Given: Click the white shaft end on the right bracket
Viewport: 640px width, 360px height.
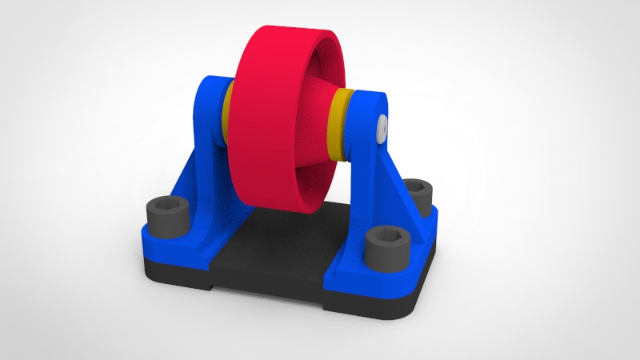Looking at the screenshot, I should tap(381, 126).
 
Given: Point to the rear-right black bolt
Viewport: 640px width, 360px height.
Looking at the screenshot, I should tap(417, 192).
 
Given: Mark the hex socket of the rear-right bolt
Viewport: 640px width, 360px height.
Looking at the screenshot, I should tap(417, 186).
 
